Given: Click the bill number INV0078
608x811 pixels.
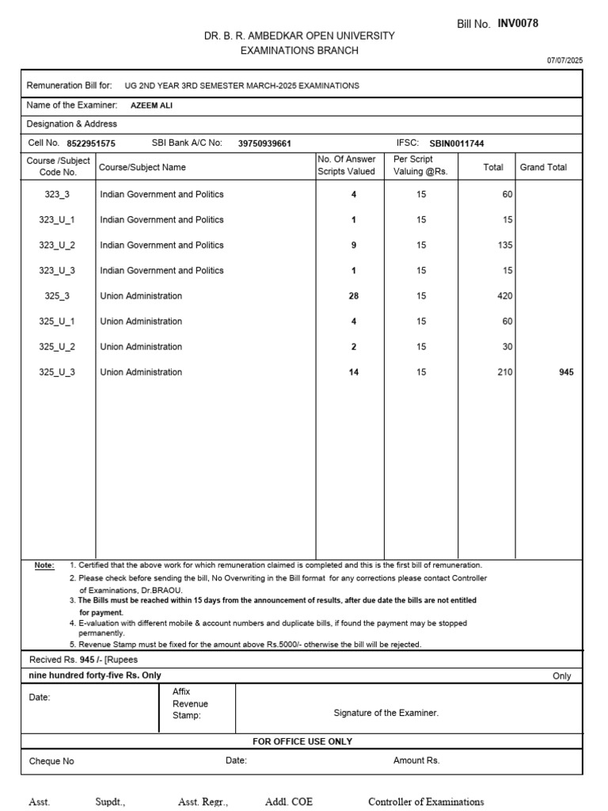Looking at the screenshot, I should click(518, 24).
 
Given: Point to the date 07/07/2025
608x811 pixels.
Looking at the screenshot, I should click(564, 60).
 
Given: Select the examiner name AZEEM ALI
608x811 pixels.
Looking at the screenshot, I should click(151, 105).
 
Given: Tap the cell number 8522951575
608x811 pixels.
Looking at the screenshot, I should click(91, 143).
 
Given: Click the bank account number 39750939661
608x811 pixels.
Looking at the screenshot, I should click(264, 143).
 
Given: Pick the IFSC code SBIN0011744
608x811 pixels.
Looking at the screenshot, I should click(456, 143).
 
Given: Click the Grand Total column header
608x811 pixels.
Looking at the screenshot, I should click(543, 167).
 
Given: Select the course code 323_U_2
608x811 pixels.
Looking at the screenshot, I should click(57, 246).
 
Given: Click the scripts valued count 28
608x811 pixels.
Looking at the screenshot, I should click(353, 296).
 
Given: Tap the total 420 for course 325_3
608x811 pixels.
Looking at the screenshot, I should click(504, 296).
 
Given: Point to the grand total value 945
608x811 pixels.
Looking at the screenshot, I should click(566, 372).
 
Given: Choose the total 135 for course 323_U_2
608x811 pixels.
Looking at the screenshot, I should click(504, 246).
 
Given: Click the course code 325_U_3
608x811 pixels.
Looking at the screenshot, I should click(57, 372).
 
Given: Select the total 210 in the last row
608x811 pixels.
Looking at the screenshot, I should click(504, 372).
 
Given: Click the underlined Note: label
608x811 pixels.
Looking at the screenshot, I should click(44, 565).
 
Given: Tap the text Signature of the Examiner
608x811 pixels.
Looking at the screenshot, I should click(386, 713).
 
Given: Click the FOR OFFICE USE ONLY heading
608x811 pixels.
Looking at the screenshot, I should click(302, 741).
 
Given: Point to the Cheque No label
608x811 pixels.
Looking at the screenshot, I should click(51, 761).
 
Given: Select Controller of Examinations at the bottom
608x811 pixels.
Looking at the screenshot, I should click(426, 801).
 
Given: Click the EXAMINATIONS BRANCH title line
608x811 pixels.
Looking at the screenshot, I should click(299, 51).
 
